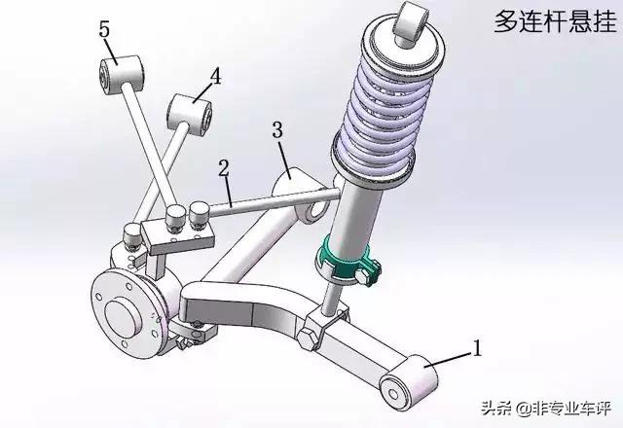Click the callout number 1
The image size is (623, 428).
476,348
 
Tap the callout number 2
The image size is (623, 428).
224,168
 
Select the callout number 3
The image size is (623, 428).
277,129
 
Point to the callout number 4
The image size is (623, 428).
215,76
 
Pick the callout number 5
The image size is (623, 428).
104,29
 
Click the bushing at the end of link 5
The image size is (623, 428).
121,75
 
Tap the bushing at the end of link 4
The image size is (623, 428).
189,114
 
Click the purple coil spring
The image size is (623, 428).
385,105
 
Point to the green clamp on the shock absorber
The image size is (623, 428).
347,260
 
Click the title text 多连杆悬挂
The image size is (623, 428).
555,21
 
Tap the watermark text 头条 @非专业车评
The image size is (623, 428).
546,408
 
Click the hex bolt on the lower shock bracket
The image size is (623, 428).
309,339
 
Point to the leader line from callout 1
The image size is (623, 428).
449,358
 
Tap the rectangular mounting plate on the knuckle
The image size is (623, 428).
178,237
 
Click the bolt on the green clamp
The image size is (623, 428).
365,276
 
